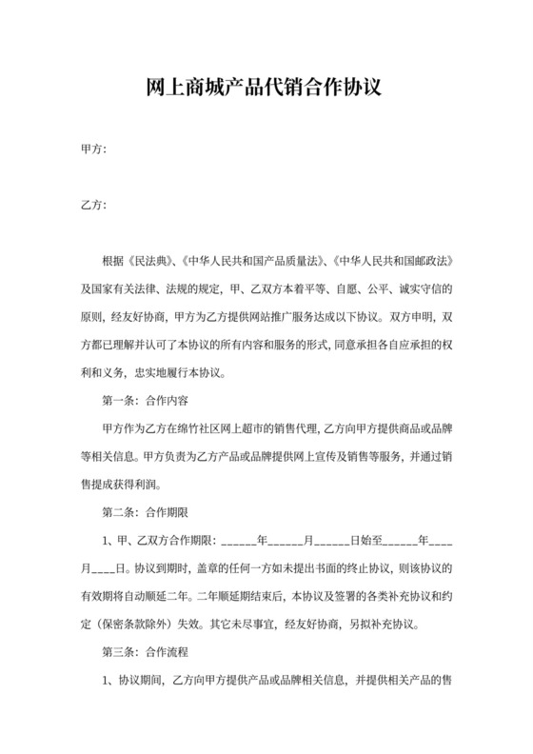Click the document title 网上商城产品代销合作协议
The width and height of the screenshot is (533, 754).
266,89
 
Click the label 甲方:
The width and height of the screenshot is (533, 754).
92,149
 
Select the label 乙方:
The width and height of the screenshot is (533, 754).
92,205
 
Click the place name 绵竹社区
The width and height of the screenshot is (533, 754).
231,428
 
